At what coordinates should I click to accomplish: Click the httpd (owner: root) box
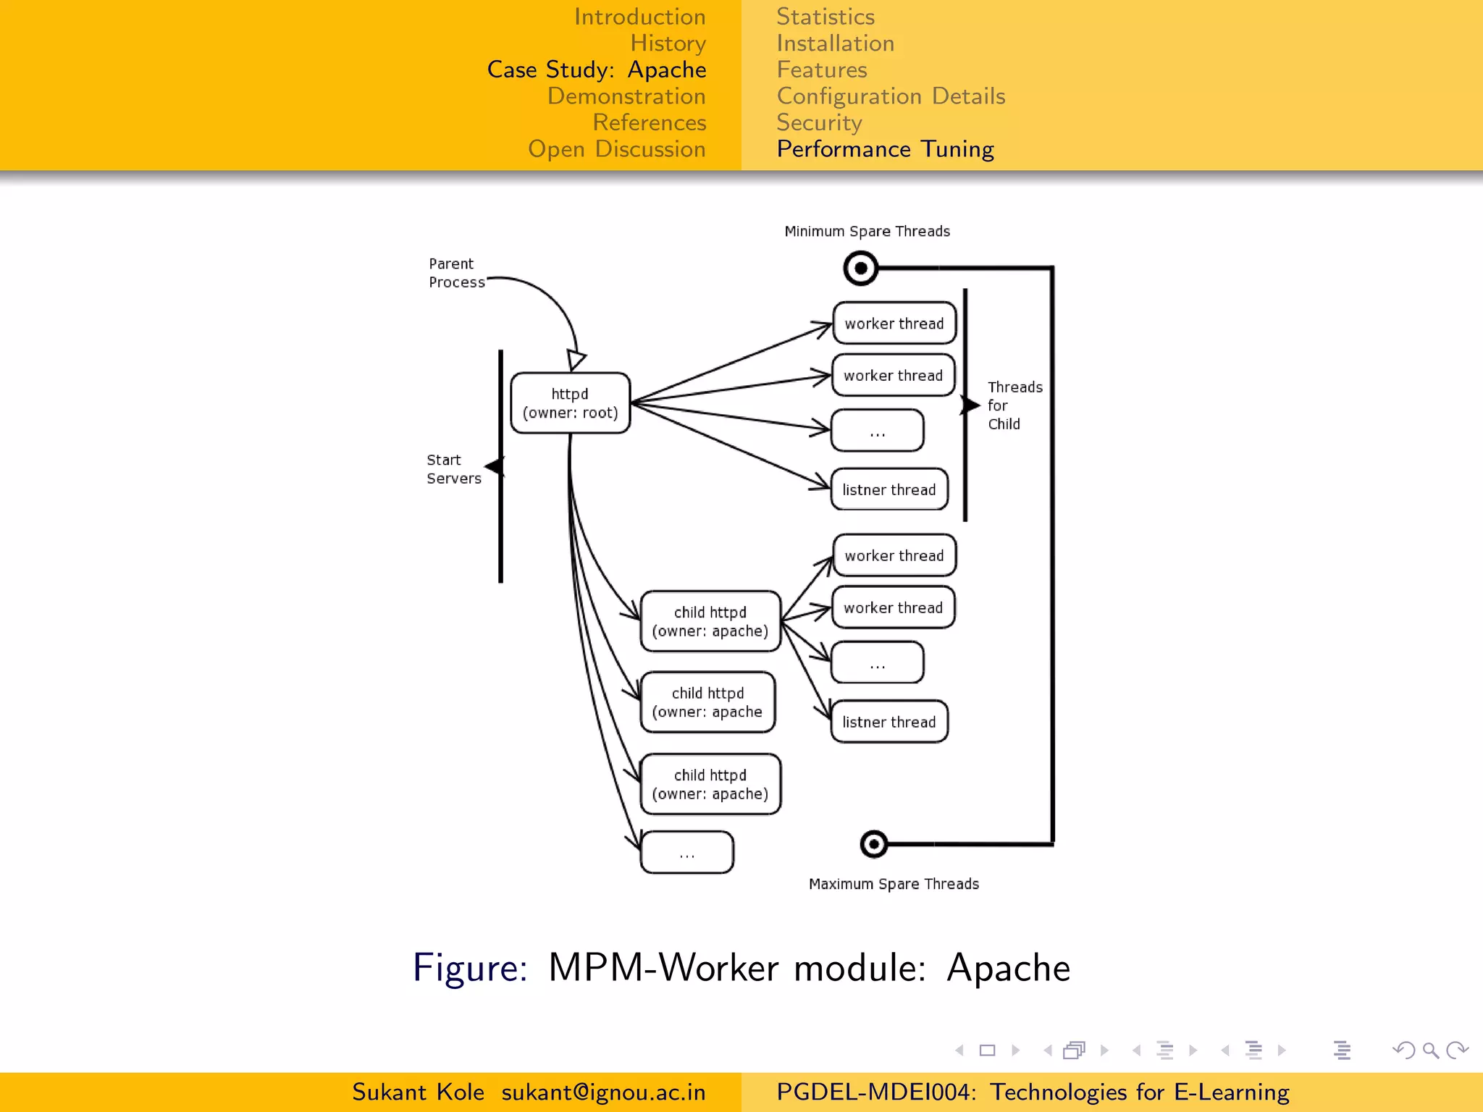tap(570, 403)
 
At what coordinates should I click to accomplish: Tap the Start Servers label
tap(453, 469)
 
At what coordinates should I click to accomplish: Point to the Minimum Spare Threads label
tap(867, 232)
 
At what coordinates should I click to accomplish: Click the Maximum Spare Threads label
tap(894, 884)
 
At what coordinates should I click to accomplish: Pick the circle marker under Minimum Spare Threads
tap(860, 269)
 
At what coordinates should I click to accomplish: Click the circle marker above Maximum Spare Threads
tap(873, 844)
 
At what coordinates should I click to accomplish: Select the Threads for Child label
tap(1014, 405)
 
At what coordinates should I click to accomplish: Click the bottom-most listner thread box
tap(889, 722)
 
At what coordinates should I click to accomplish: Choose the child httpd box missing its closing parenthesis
tap(707, 702)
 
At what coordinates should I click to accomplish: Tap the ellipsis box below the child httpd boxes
tap(686, 853)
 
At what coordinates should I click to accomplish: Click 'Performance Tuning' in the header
tap(885, 149)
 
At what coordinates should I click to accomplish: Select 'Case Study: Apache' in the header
tap(596, 69)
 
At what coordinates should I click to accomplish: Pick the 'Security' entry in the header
tap(819, 122)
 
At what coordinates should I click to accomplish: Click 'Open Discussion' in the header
tap(616, 149)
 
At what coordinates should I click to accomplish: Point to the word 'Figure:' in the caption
tap(470, 968)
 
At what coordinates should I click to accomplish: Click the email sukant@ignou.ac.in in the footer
tap(603, 1092)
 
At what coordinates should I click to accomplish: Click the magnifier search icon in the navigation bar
tap(1430, 1050)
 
